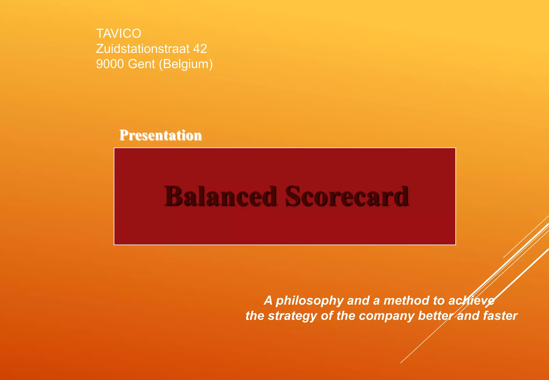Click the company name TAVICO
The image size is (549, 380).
coord(118,33)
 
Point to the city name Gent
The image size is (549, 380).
coord(142,64)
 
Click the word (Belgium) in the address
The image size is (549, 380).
coord(186,64)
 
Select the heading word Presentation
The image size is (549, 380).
coord(160,135)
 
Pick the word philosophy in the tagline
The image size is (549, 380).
coord(310,301)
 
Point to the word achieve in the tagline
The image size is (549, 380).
coord(472,300)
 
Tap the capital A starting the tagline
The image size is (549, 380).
coord(268,300)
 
